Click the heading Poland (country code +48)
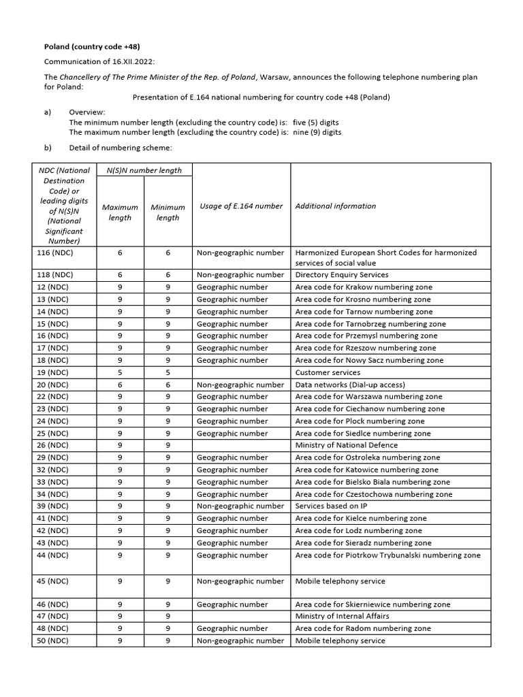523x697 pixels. pyautogui.click(x=92, y=46)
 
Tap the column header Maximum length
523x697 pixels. pyautogui.click(x=120, y=212)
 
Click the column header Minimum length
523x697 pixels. pyautogui.click(x=168, y=212)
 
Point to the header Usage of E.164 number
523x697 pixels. pyautogui.click(x=241, y=206)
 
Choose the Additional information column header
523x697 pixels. pyautogui.click(x=335, y=206)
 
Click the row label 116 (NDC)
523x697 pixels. pyautogui.click(x=53, y=253)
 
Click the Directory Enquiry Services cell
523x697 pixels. pyautogui.click(x=342, y=275)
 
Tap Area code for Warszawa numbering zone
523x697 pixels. pyautogui.click(x=368, y=397)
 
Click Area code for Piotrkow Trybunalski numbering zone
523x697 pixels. pyautogui.click(x=387, y=555)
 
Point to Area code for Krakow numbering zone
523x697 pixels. pyautogui.click(x=364, y=287)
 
